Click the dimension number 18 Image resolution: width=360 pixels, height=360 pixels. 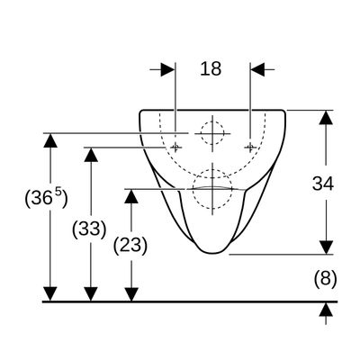[211, 68]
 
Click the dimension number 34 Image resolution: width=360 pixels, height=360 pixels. [323, 184]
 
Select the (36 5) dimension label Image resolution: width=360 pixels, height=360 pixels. [46, 197]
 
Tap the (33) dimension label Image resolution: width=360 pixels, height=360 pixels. [89, 229]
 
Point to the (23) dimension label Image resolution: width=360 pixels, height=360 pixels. [130, 245]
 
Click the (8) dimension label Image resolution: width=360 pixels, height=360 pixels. [326, 279]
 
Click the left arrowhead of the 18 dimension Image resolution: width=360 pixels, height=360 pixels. [167, 69]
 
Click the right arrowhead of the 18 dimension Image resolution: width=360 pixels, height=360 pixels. [257, 69]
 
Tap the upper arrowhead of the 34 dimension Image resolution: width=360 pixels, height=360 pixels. [326, 117]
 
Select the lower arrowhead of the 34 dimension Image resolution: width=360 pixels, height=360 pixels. [326, 247]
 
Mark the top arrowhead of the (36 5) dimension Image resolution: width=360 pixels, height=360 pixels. [50, 140]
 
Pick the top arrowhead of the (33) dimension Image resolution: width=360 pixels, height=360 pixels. [91, 155]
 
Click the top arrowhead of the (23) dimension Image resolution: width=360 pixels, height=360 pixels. [131, 196]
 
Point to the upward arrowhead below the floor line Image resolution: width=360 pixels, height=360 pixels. [326, 309]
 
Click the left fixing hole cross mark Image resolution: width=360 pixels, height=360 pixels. [175, 147]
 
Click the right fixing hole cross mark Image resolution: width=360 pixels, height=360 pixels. [250, 147]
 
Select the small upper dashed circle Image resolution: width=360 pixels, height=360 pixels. [212, 121]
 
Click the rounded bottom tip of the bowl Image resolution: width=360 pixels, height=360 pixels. [212, 253]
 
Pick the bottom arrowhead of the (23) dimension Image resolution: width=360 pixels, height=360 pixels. [131, 294]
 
